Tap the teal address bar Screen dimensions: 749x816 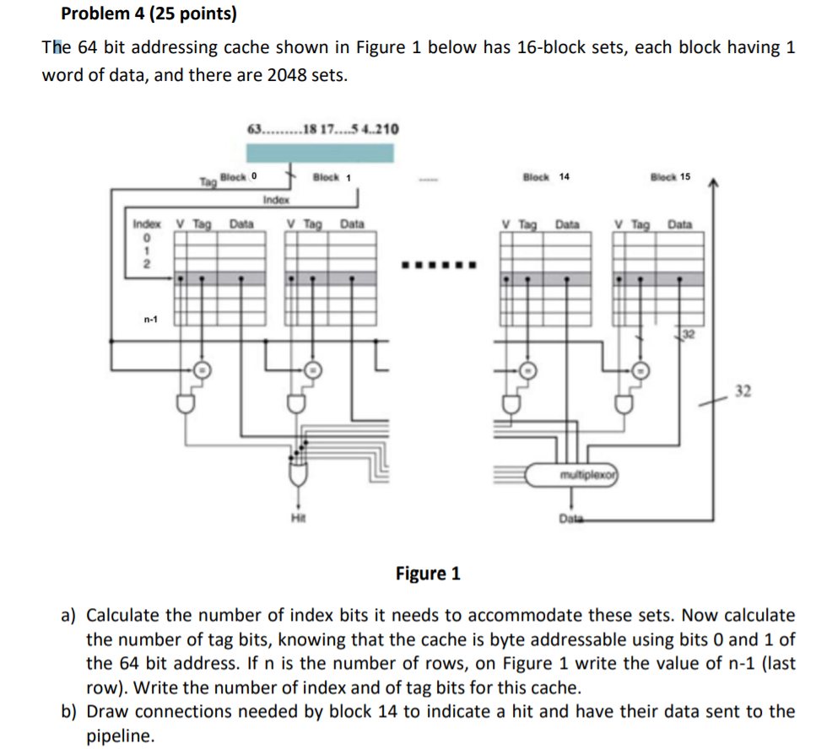coord(320,153)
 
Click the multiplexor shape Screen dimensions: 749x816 coord(573,474)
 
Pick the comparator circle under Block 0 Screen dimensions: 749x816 coord(202,369)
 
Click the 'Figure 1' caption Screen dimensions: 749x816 coord(428,574)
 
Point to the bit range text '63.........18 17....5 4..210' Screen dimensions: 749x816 coord(322,129)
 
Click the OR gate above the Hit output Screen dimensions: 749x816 coord(297,478)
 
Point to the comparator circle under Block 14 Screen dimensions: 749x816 coord(527,369)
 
